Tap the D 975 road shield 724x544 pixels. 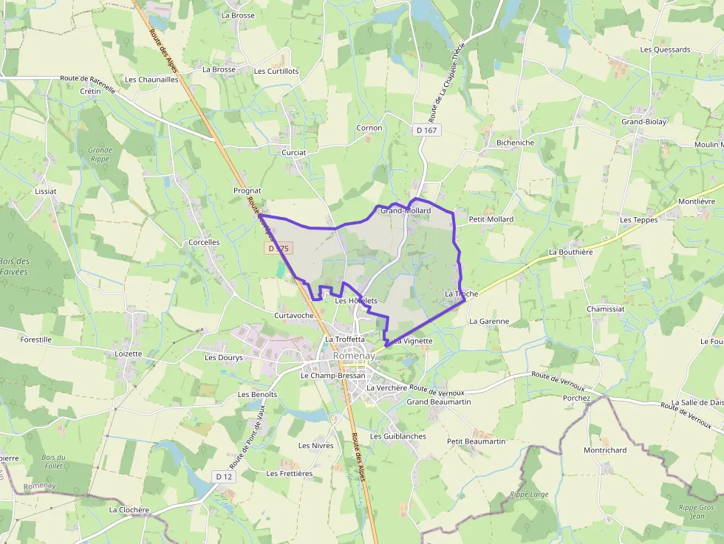coord(279,249)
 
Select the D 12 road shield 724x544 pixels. coord(225,477)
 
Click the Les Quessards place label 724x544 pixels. coord(665,50)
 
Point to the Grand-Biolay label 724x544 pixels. coord(643,122)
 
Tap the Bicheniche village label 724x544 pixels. coord(515,142)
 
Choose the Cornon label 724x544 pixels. coord(369,128)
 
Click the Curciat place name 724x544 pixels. coord(293,152)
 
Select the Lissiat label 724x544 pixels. coord(46,190)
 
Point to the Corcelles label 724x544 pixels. coord(204,242)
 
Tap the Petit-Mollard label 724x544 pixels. coord(491,219)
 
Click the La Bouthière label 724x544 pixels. coord(570,252)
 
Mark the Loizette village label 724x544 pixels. coord(129,354)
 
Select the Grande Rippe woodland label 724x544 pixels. coord(100,154)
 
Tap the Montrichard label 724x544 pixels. coord(604,450)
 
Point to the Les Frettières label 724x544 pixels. coord(289,473)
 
